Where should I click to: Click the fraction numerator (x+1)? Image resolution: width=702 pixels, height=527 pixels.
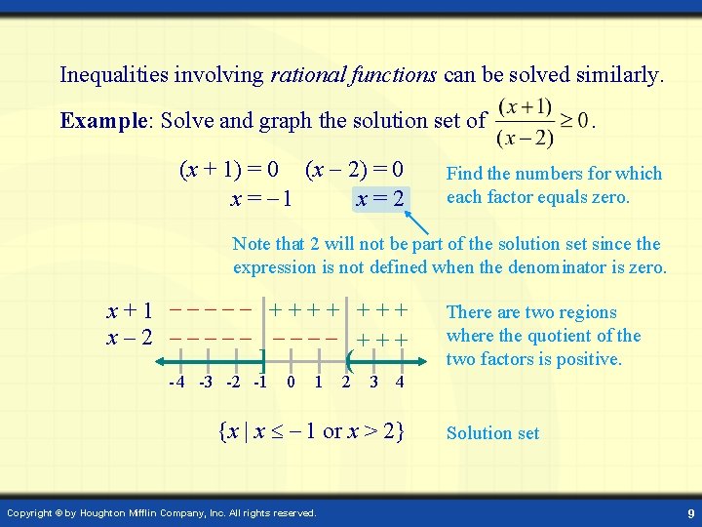525,105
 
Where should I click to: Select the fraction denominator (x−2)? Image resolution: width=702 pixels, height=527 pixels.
525,137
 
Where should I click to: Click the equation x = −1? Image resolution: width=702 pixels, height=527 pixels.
260,198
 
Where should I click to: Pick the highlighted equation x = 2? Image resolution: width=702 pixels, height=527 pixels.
380,198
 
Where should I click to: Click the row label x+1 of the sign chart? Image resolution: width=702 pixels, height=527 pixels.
130,312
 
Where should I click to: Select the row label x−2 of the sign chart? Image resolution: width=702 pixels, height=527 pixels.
130,338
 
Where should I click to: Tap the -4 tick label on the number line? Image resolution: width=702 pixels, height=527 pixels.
176,382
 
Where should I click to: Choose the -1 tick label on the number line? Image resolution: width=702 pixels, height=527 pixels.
260,382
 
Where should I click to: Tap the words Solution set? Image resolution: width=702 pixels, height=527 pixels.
492,433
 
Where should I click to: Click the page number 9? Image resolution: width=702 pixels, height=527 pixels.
689,512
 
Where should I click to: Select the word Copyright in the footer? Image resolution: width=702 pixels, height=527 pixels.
32,512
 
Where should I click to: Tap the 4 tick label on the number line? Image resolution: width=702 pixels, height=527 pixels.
401,382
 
